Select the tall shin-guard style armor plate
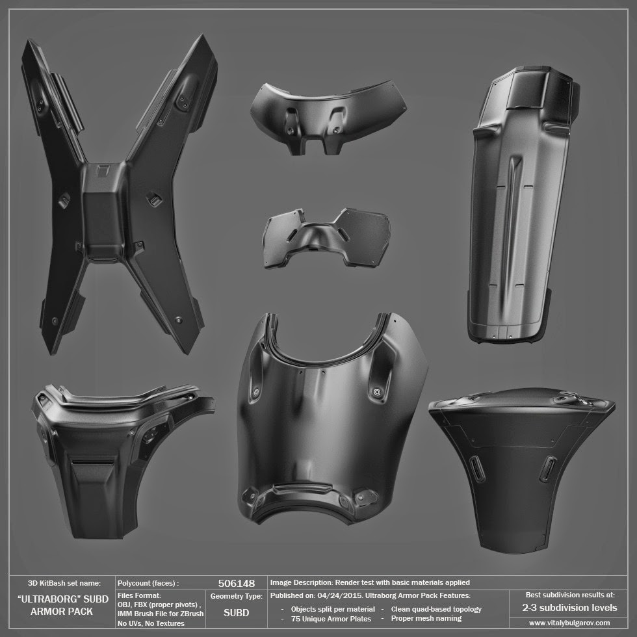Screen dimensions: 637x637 point(524,203)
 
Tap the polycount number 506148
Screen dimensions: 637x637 point(237,584)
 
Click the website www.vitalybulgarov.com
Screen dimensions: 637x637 point(569,623)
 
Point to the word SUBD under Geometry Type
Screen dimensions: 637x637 point(237,612)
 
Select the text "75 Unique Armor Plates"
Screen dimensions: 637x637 point(331,619)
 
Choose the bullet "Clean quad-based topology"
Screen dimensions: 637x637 point(436,609)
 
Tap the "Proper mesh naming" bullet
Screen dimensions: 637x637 point(426,618)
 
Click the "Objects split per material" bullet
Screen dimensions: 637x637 point(333,609)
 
